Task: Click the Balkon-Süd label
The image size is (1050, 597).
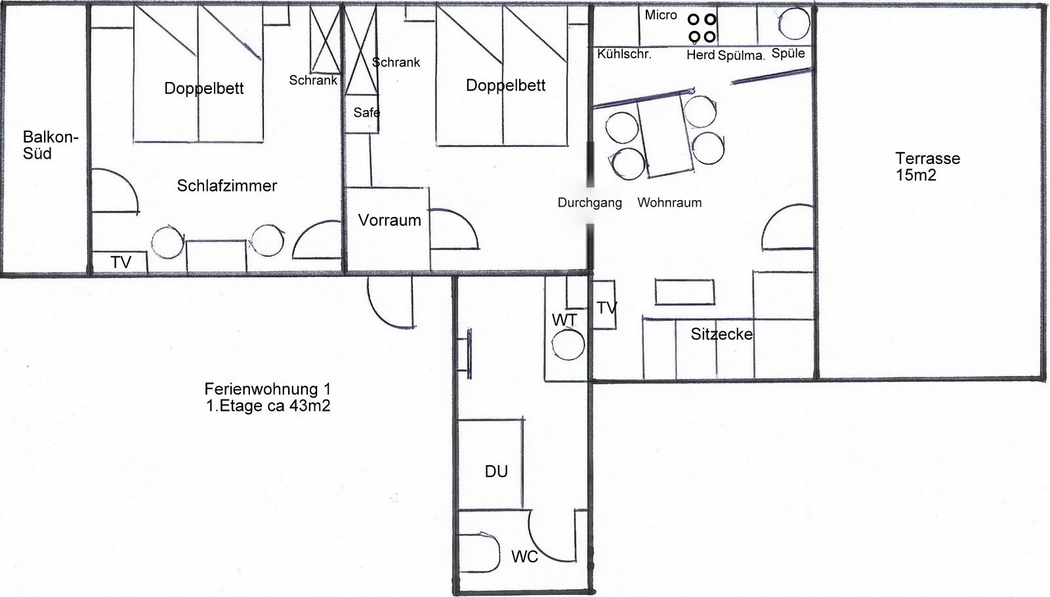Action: (50, 145)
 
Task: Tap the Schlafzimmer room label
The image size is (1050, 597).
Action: (227, 186)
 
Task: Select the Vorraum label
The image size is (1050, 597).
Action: (390, 220)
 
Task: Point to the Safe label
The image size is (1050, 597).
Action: (367, 112)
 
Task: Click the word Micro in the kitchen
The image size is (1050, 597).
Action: (661, 15)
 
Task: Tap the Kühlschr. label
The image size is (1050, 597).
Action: (624, 54)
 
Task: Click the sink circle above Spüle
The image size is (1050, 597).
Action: (794, 23)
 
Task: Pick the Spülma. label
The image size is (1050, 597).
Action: (741, 56)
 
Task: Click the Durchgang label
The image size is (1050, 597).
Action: (590, 203)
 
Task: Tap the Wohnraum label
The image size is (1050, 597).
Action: (669, 203)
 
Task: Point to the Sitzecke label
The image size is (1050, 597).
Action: (722, 334)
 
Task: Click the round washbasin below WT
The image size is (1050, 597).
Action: (568, 345)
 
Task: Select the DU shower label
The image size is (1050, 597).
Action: (496, 472)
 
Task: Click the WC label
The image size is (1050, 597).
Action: (524, 557)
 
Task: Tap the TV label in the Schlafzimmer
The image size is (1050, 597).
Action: (121, 262)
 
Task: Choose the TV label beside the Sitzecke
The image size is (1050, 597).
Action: (606, 308)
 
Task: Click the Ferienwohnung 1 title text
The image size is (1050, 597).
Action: (268, 389)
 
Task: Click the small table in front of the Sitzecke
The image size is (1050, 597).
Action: (684, 292)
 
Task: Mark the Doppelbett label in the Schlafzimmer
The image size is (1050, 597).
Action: (204, 89)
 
